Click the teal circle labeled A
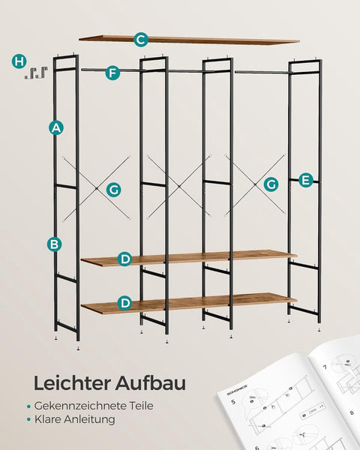pyautogui.click(x=55, y=127)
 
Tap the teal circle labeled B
pyautogui.click(x=55, y=244)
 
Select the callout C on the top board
pyautogui.click(x=141, y=39)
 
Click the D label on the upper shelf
pyautogui.click(x=124, y=259)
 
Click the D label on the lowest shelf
pyautogui.click(x=124, y=303)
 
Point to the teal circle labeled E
pyautogui.click(x=305, y=180)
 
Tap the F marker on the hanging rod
pyautogui.click(x=112, y=73)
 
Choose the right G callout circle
pyautogui.click(x=271, y=184)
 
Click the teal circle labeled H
pyautogui.click(x=19, y=61)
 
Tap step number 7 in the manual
pyautogui.click(x=325, y=368)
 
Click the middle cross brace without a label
pyautogui.click(x=174, y=185)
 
